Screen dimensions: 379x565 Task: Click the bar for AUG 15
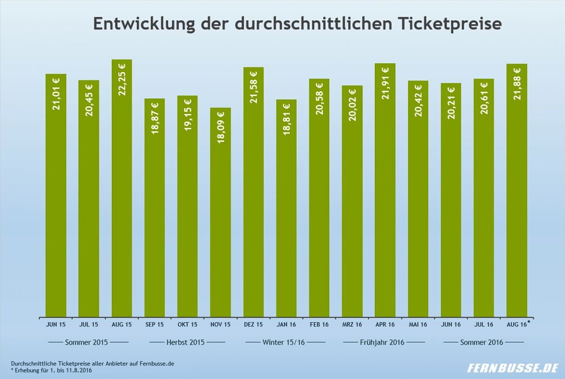pos(122,190)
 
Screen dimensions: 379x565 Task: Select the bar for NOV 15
pos(220,212)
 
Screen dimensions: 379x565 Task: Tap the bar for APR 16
pos(385,190)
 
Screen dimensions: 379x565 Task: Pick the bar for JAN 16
pos(286,207)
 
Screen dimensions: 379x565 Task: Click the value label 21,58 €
pos(254,87)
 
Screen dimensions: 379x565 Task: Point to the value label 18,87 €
pos(155,118)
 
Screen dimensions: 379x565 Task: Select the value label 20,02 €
pos(352,105)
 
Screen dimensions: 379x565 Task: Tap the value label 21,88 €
pos(517,83)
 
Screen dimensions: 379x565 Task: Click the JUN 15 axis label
pos(56,325)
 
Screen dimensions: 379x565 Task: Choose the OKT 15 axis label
pos(188,325)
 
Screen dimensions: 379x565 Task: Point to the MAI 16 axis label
pos(418,325)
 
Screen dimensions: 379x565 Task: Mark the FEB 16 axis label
pos(319,325)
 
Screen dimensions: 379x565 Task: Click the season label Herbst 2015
pos(185,342)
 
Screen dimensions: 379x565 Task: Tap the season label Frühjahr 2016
pos(382,342)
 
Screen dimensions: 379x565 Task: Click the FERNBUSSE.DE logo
pos(513,368)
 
